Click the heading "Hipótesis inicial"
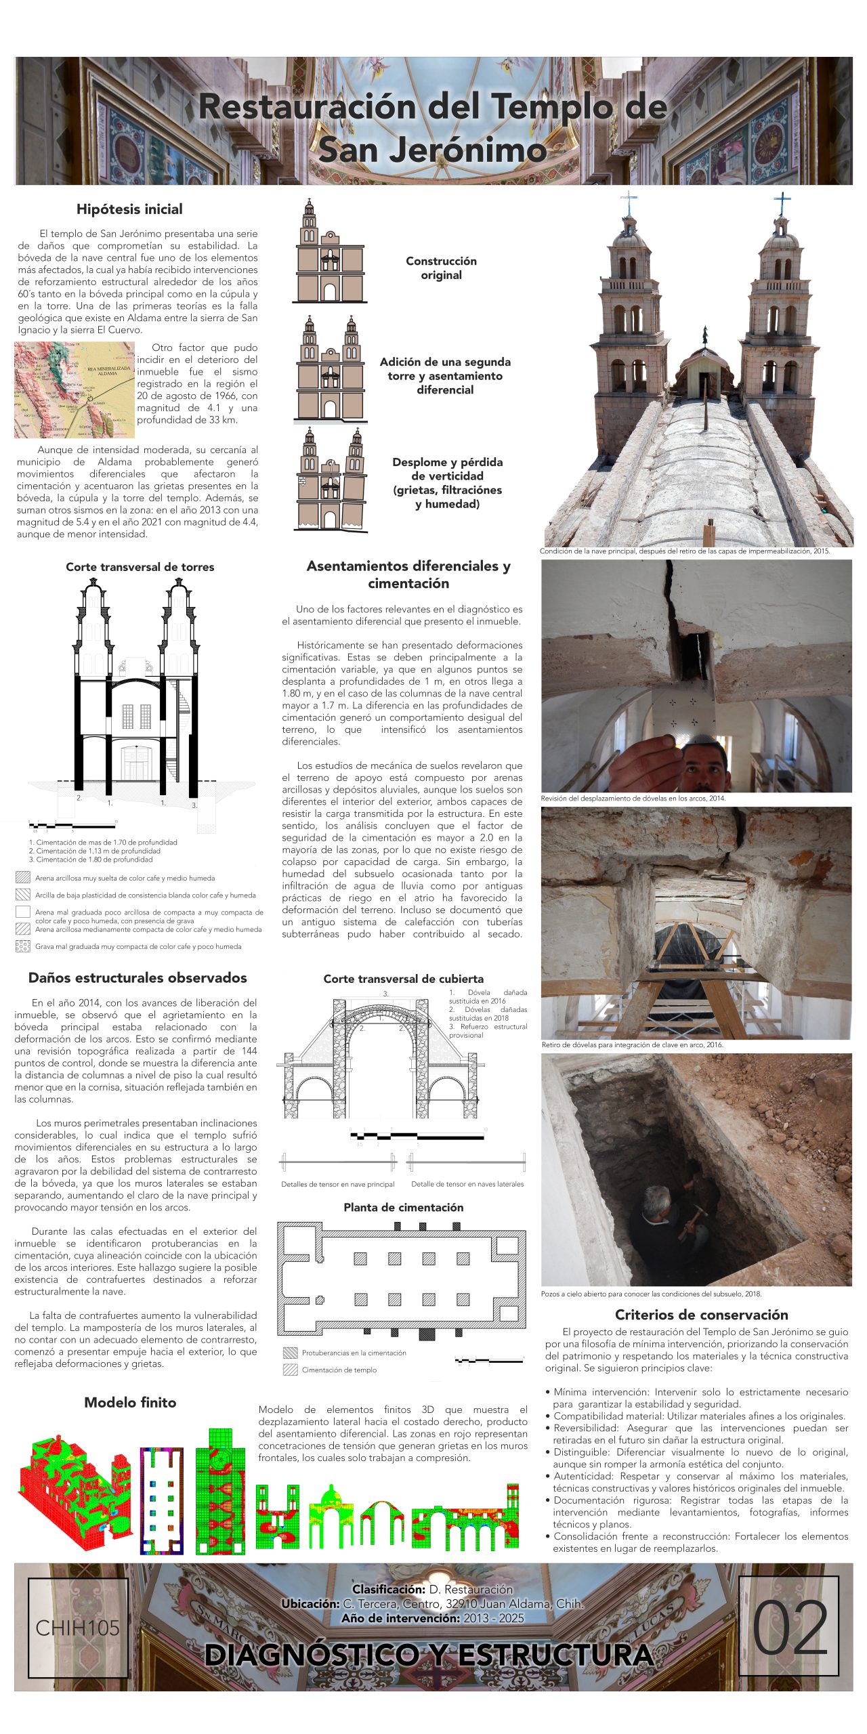[129, 209]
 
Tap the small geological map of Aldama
[75, 389]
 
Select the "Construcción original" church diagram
[329, 251]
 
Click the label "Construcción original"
[441, 268]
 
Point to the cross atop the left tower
[629, 202]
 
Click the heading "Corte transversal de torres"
[140, 567]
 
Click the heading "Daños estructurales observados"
[138, 977]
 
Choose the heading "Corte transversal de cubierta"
[403, 979]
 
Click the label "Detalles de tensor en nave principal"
[337, 1184]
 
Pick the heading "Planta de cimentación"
[403, 1207]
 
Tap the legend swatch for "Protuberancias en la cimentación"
[290, 1353]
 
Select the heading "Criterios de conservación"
[701, 1315]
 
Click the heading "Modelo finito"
[130, 1403]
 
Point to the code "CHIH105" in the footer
[77, 1628]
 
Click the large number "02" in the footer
[790, 1628]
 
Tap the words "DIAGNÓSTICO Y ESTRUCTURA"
[428, 1655]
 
